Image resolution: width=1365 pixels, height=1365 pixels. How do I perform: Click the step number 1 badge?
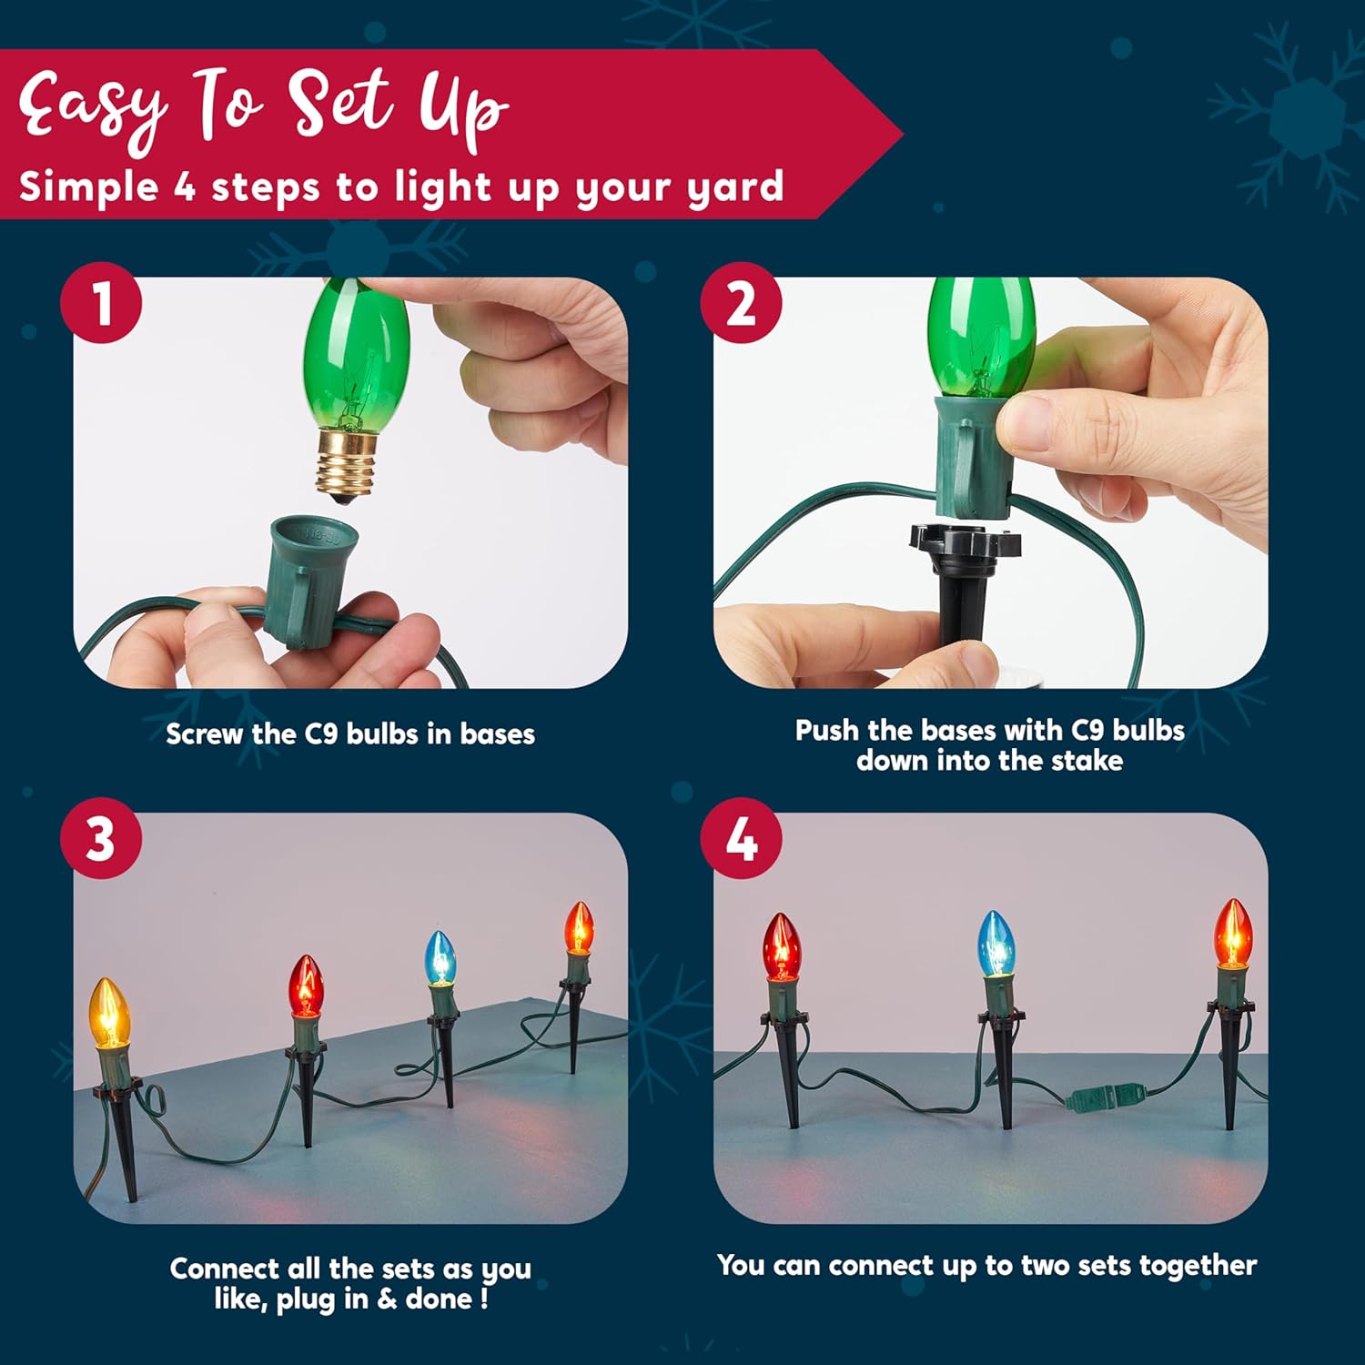[x=101, y=302]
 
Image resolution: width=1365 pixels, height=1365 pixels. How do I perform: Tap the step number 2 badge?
[x=741, y=302]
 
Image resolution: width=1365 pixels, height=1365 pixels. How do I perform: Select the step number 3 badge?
[x=101, y=837]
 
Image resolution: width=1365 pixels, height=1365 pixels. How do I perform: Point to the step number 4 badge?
[x=741, y=837]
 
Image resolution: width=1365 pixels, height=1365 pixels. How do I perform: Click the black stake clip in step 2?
[x=965, y=582]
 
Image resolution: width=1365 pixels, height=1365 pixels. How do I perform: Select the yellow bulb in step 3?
[x=110, y=1014]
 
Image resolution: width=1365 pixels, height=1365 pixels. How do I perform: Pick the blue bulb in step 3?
[x=440, y=957]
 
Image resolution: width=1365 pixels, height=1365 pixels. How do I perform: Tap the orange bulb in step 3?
[x=579, y=927]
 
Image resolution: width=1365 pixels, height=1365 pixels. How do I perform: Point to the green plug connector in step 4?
[x=1105, y=1096]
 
